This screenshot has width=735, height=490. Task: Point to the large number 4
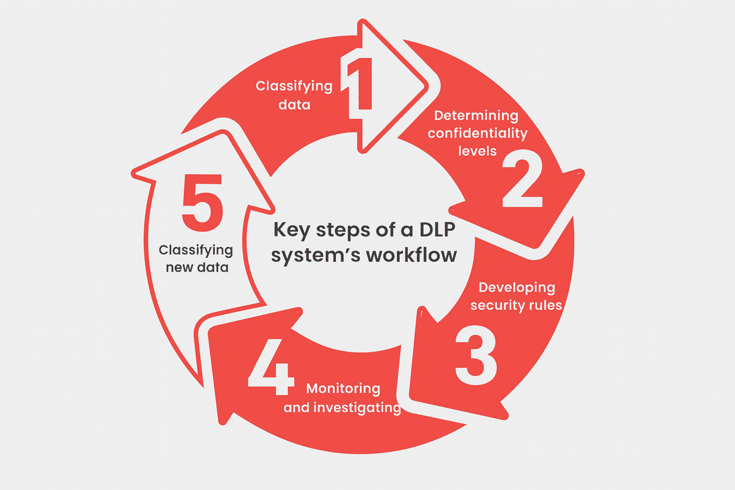(270, 367)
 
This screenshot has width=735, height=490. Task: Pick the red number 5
(202, 202)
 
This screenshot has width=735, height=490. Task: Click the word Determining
(476, 116)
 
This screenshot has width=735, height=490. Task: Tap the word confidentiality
(477, 134)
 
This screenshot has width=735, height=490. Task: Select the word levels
(477, 151)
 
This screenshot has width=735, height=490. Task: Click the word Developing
(517, 288)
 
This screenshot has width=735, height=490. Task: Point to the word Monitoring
(343, 389)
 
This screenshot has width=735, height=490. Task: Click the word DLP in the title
(437, 230)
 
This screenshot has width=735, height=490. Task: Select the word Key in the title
(291, 230)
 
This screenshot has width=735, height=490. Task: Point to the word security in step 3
(495, 306)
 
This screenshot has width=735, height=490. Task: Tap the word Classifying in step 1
(294, 86)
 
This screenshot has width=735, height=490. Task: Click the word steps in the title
(343, 230)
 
